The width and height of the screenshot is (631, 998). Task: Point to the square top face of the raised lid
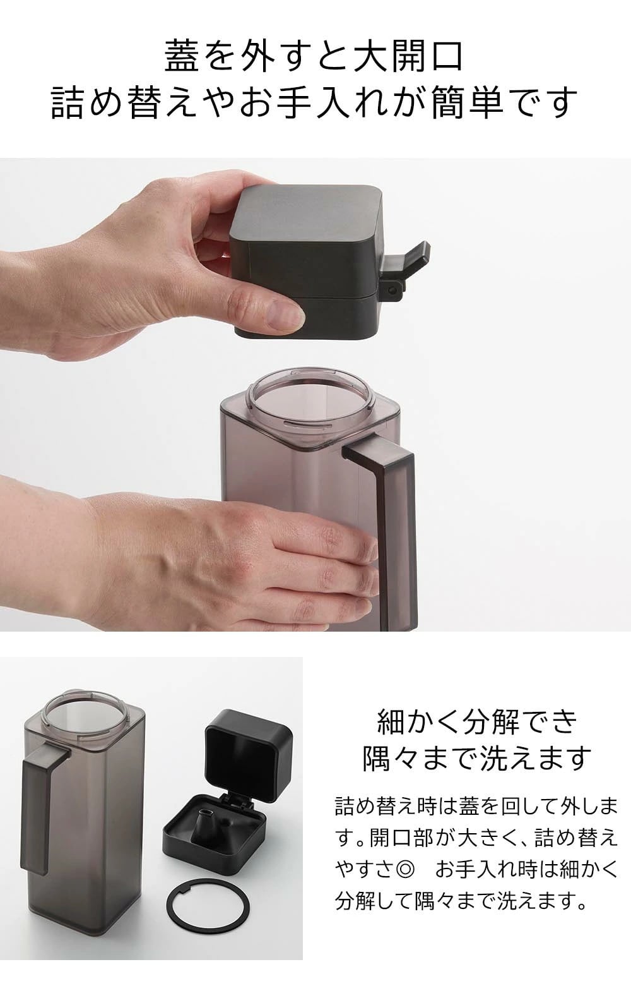click(308, 210)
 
